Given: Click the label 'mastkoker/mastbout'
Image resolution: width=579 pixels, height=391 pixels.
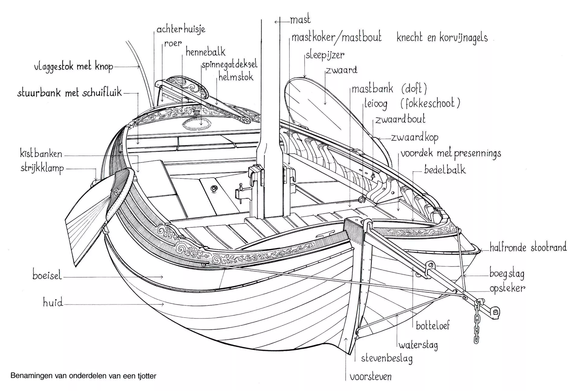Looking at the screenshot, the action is pos(337,37).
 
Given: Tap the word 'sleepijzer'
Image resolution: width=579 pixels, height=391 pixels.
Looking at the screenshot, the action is pos(325,55).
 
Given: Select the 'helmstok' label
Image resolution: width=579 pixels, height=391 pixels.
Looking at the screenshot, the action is pos(236,77).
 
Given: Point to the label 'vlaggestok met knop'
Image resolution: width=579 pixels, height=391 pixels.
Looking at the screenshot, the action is pos(74,67).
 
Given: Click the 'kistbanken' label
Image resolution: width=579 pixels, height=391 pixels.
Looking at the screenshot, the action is pos(41,154).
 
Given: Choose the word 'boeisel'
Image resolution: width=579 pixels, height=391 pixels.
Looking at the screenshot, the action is pos(47,275).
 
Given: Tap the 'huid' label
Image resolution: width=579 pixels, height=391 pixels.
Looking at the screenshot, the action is pos(53,302).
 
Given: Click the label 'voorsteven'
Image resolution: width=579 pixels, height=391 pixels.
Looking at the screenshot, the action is pos(371,377).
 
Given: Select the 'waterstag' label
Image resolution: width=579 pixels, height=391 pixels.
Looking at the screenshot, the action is pos(418,345).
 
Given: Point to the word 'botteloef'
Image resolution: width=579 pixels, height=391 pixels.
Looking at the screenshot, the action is pos(433,325).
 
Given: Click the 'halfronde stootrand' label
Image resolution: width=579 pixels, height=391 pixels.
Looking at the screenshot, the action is pos(528,247).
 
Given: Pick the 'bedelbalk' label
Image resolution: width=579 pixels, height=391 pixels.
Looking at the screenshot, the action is pos(445,170).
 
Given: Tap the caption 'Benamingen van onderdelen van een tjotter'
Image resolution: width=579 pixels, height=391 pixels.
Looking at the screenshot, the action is pos(83,376).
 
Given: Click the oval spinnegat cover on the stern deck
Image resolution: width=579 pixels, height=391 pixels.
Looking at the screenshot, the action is pos(197,124).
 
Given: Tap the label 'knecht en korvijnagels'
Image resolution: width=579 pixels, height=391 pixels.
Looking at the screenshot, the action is pos(442,38).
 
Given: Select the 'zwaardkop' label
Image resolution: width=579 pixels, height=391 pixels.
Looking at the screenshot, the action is pos(415,138).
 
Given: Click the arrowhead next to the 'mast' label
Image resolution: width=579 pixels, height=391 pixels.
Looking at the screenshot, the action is pos(276,22).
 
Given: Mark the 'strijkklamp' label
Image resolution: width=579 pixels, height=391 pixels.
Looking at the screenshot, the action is pos(42,168).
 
